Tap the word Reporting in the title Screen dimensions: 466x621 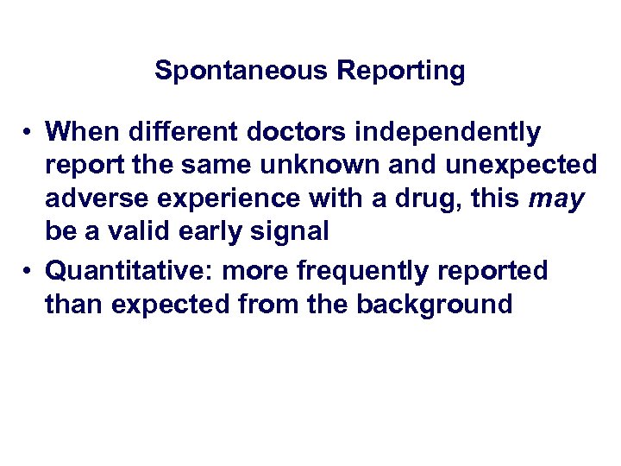pos(401,70)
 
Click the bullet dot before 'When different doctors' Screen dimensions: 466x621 pos(28,132)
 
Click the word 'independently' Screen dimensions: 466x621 pos(448,132)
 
